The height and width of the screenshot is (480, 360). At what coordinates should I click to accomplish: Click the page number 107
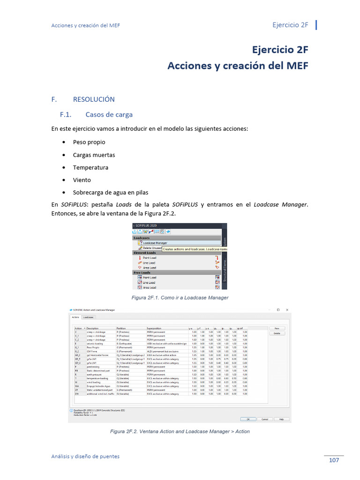[333, 460]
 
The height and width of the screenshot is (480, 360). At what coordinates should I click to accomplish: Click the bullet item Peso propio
[89, 142]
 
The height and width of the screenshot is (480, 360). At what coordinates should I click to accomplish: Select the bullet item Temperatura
[90, 167]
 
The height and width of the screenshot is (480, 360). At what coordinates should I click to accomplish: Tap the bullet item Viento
[82, 180]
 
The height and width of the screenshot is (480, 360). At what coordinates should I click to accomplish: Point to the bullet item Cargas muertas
[94, 155]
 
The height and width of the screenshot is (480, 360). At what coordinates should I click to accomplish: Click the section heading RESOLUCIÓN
[94, 99]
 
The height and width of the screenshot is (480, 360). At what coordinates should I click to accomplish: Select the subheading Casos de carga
[109, 114]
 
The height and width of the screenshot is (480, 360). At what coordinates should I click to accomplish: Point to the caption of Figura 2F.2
[180, 431]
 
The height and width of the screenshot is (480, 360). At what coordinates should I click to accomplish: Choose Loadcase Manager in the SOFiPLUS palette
[155, 243]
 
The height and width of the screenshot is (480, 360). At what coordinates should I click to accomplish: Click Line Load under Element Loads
[149, 262]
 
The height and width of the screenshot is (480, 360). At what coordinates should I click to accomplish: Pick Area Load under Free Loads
[149, 287]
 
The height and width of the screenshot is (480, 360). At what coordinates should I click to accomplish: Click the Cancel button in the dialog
[264, 419]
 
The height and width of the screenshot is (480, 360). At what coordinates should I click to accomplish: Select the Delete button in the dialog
[277, 333]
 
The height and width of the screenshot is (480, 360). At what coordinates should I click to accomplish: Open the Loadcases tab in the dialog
[89, 317]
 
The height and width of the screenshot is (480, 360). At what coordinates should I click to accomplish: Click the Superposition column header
[156, 328]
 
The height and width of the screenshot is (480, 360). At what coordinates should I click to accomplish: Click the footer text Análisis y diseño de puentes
[85, 456]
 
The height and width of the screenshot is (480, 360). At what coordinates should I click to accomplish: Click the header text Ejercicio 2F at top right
[290, 25]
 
